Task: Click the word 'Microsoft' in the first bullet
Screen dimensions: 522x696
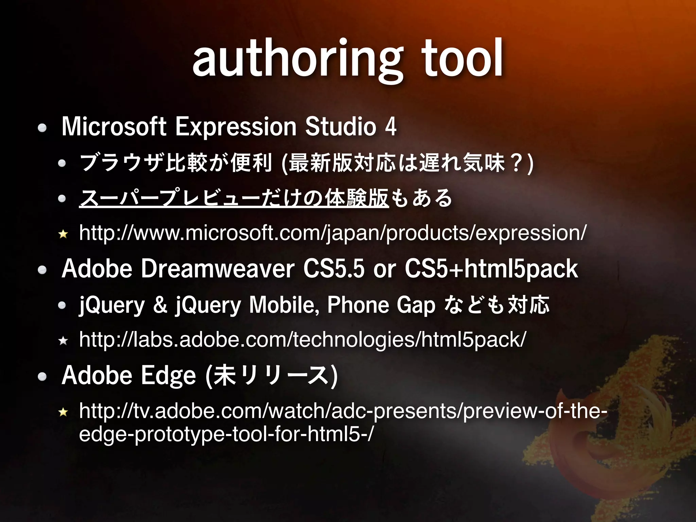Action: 114,126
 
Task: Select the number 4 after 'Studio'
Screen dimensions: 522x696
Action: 391,126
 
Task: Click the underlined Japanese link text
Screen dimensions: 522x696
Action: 234,198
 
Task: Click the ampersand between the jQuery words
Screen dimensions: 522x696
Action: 160,305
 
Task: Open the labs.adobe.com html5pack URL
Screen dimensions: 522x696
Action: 302,340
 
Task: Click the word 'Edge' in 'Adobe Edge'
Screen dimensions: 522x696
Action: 168,376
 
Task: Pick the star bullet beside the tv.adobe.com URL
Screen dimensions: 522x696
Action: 63,413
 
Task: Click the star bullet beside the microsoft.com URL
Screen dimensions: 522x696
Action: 63,234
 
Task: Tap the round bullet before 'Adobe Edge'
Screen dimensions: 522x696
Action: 42,377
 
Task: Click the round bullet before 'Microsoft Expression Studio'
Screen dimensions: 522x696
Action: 42,128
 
